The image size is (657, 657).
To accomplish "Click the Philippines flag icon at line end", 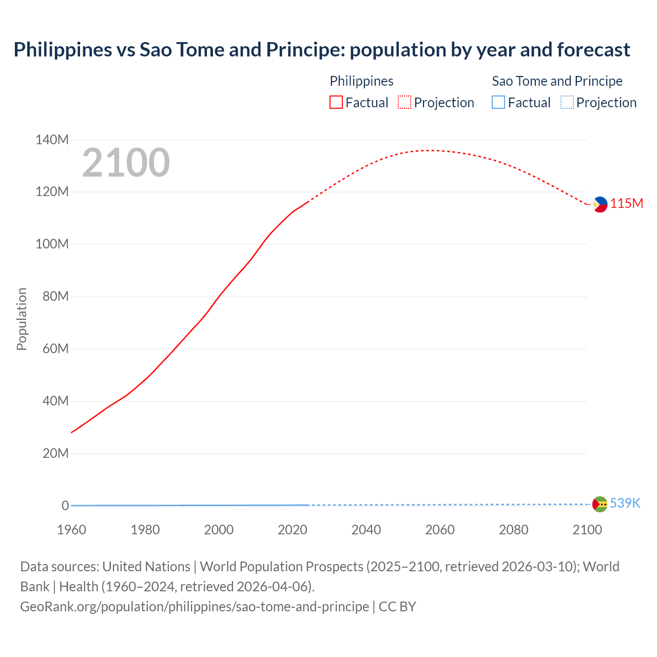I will point(600,204).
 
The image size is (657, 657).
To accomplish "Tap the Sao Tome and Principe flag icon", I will point(600,504).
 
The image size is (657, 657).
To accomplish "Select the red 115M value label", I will point(626,204).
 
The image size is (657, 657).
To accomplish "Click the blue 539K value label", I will point(625,503).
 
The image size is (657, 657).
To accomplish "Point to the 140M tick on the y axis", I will point(52,140).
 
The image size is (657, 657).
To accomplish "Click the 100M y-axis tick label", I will point(52,244).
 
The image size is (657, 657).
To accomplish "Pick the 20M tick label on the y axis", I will point(55,453).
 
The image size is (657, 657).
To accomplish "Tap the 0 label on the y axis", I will point(65,506).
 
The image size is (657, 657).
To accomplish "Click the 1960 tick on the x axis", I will point(71,530).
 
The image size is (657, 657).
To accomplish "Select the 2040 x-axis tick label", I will point(366,530).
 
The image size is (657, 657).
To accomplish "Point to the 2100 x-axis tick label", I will point(587,530).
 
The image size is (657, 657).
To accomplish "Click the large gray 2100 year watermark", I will point(126,163).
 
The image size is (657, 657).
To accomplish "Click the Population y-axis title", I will point(22,319).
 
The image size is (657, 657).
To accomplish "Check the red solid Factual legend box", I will point(336,103).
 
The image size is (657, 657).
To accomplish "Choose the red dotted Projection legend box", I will point(404,103).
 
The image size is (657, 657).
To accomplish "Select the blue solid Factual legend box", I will point(498,103).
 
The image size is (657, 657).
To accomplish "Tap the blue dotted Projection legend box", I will point(567,103).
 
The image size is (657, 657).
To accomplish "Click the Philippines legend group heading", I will point(361,81).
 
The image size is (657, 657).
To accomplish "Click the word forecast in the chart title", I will point(593,50).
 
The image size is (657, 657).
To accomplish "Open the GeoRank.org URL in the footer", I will point(194,607).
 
